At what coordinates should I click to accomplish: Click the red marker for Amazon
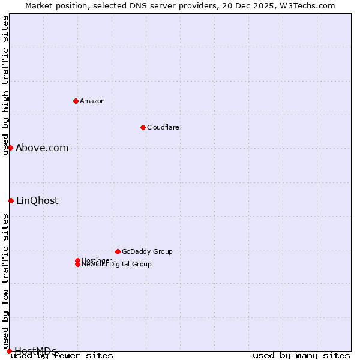click(x=76, y=101)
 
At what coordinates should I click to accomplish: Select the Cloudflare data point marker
click(x=143, y=127)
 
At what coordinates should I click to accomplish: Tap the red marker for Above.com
click(x=10, y=148)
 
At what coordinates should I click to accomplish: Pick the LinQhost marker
click(x=11, y=200)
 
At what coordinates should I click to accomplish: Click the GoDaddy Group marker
click(x=118, y=251)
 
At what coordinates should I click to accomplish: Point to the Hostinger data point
click(x=77, y=260)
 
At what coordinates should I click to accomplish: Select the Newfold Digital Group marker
click(x=77, y=265)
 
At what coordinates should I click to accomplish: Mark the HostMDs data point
click(x=9, y=351)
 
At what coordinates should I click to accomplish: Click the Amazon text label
click(x=92, y=101)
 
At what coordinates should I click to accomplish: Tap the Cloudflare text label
click(x=163, y=127)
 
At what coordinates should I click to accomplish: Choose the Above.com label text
click(x=42, y=148)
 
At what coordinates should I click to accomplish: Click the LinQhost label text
click(x=37, y=200)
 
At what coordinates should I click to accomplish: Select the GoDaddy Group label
click(x=147, y=251)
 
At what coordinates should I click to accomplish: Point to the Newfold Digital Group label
click(x=117, y=265)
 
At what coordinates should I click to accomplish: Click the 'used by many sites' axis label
click(x=301, y=355)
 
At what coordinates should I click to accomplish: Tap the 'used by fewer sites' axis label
click(x=62, y=355)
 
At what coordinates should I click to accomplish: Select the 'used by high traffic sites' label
click(x=6, y=85)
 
